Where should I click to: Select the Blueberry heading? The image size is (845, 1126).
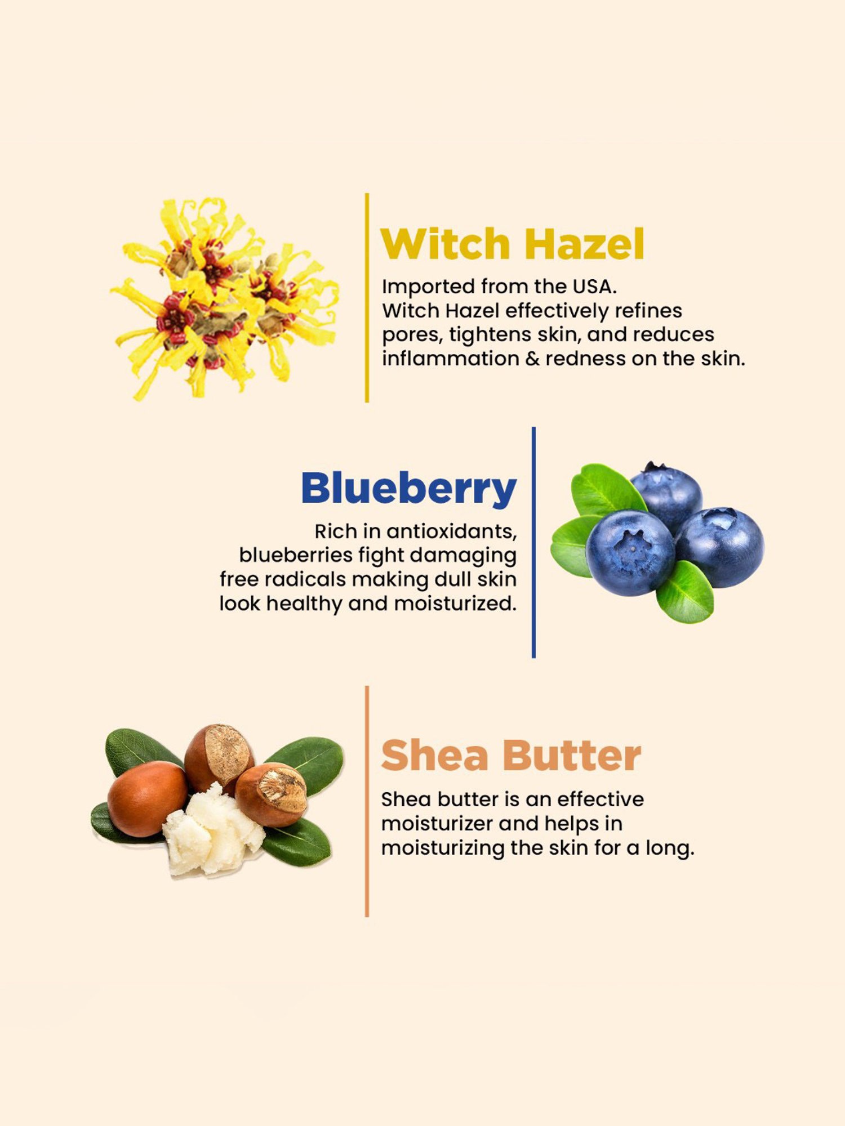(408, 488)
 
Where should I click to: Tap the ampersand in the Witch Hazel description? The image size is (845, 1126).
(532, 359)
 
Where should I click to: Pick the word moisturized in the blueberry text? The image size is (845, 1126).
(455, 604)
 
